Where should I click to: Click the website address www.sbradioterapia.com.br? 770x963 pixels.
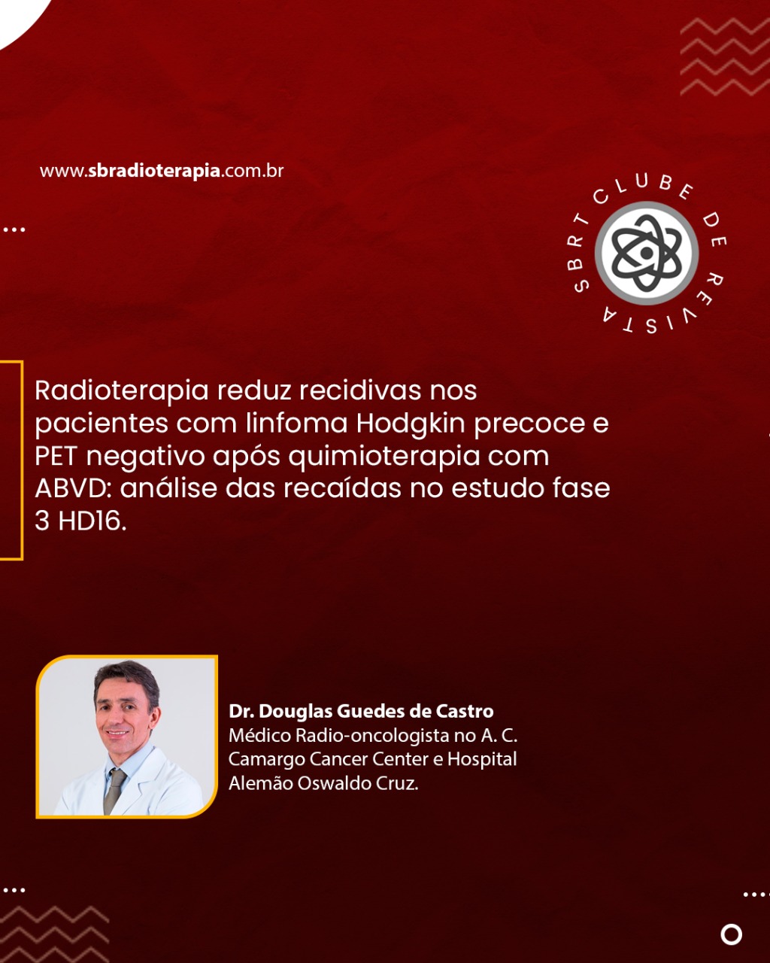click(162, 171)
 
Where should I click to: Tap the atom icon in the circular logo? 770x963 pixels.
click(647, 253)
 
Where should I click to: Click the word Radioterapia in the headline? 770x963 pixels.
click(122, 391)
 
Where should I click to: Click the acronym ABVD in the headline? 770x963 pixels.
click(74, 488)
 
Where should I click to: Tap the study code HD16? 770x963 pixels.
click(92, 521)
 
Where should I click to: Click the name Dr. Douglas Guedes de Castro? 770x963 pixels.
click(361, 711)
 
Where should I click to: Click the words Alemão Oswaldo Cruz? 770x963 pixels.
click(323, 783)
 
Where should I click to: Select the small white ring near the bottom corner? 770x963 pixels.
click(732, 934)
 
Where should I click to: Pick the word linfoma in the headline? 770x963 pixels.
click(296, 423)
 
